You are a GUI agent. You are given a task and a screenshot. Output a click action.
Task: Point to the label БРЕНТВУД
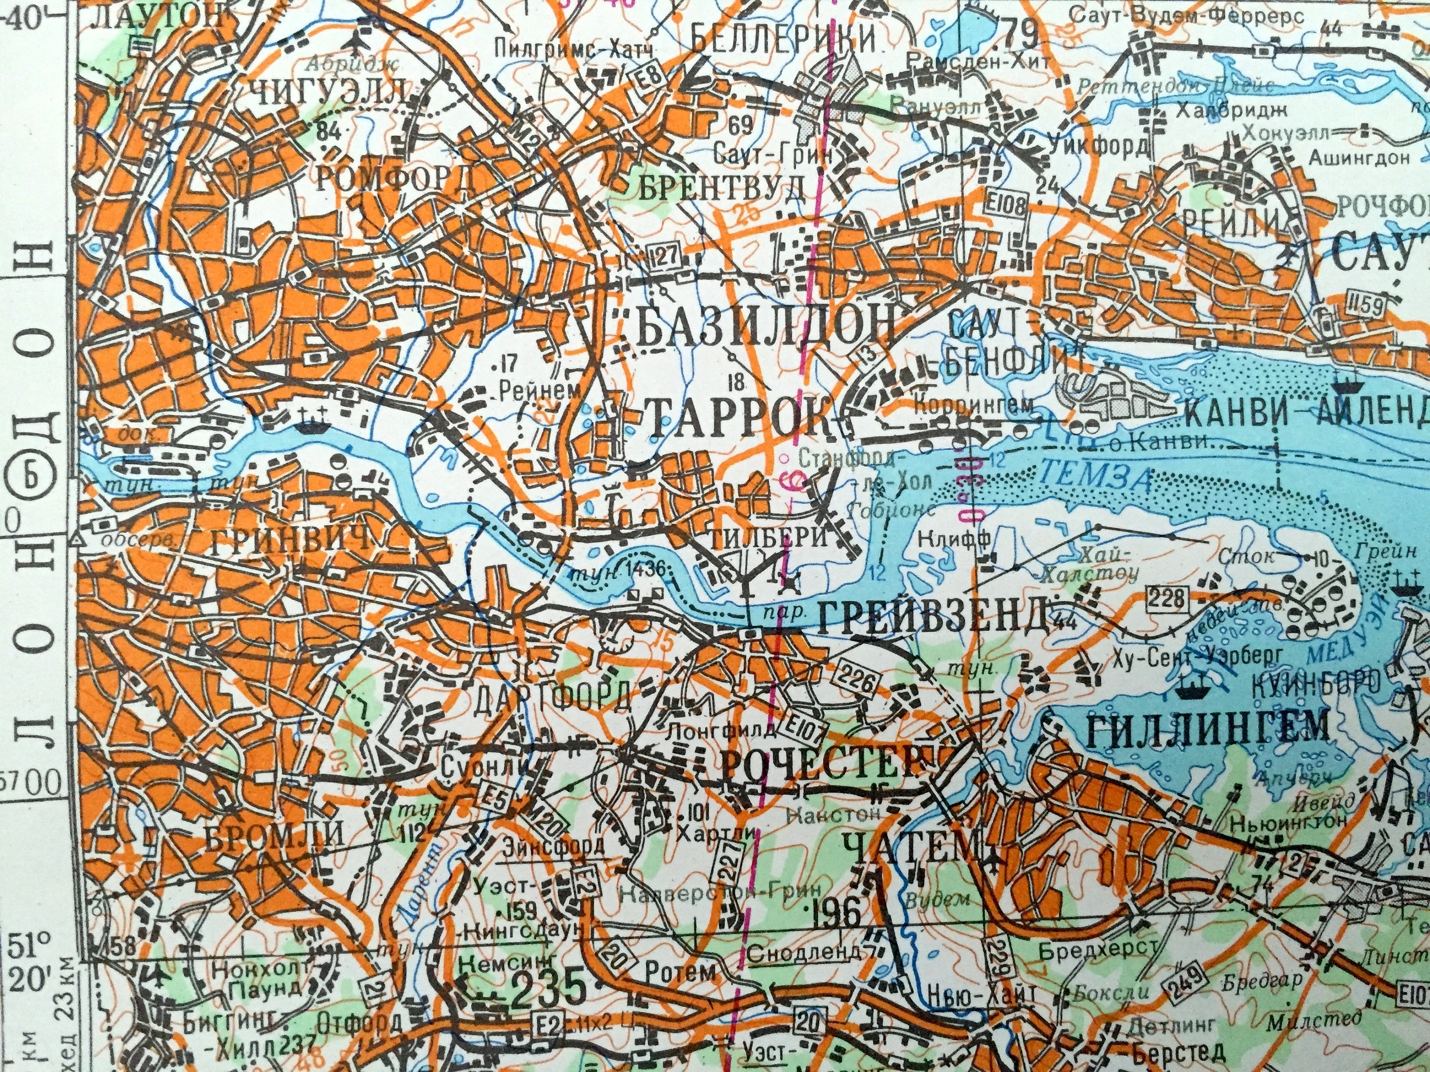click(722, 187)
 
